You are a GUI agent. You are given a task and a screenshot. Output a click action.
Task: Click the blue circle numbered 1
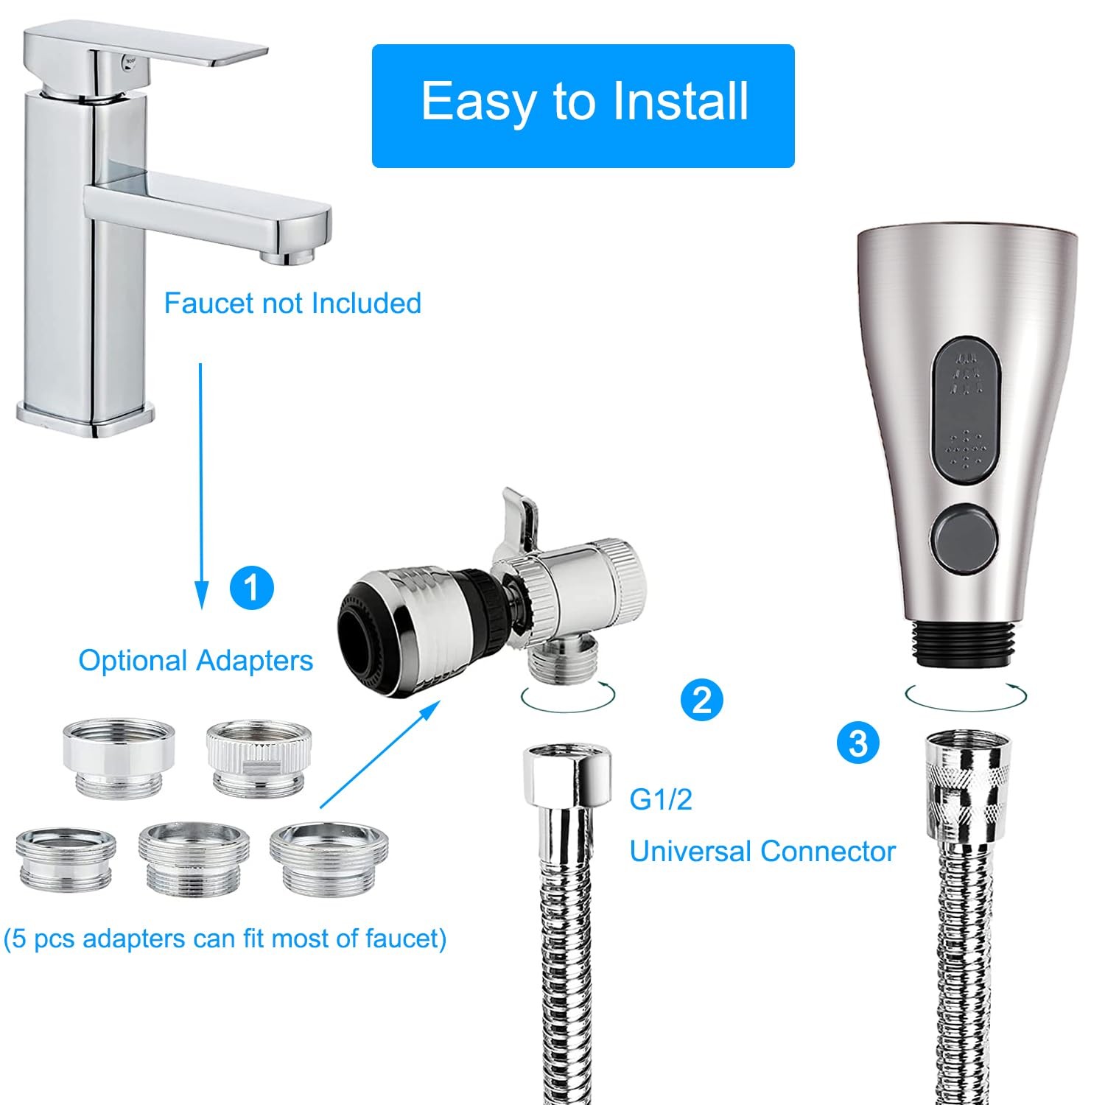click(251, 588)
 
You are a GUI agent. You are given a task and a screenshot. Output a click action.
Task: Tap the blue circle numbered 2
click(702, 698)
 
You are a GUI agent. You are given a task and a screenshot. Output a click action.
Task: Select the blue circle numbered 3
click(859, 743)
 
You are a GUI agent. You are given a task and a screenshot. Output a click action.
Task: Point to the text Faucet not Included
click(292, 303)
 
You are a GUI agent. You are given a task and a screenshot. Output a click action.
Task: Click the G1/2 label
click(661, 799)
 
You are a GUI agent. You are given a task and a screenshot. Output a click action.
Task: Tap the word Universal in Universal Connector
click(690, 852)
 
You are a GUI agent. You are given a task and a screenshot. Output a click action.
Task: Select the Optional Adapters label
click(196, 661)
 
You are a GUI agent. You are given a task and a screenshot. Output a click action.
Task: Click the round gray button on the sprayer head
click(966, 532)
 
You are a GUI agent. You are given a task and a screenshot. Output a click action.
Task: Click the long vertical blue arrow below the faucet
click(200, 485)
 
